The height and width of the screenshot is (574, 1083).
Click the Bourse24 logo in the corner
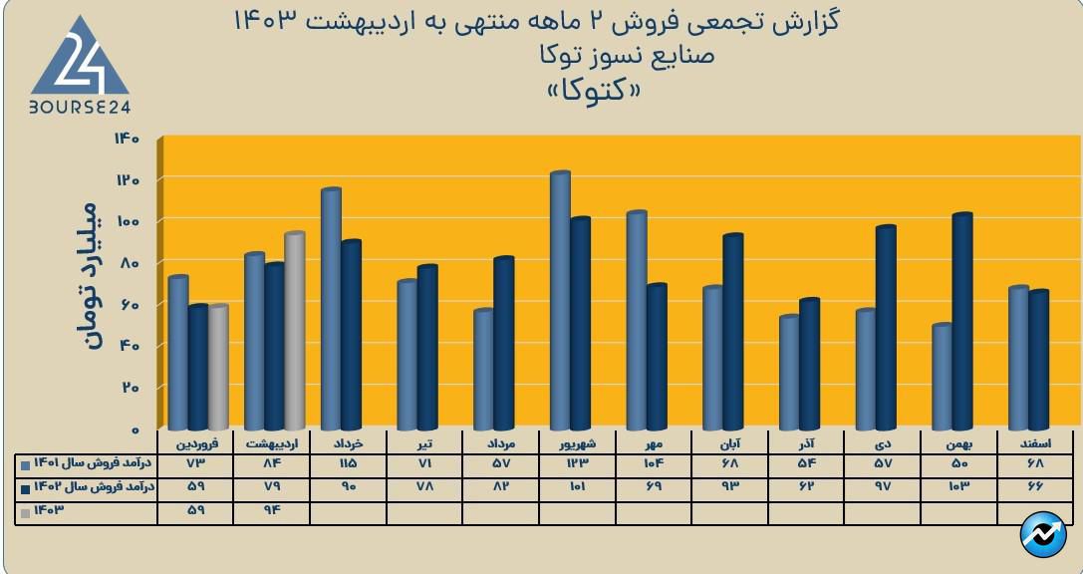[80, 68]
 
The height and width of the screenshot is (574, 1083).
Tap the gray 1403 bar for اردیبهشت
[294, 331]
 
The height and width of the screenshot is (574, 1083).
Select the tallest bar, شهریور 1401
[560, 300]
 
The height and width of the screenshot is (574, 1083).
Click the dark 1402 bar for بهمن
[961, 321]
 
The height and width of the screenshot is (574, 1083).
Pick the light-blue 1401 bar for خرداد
[331, 309]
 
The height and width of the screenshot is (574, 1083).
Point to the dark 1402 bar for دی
[886, 328]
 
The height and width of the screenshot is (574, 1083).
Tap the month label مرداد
[500, 440]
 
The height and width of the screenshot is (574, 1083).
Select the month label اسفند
[1036, 440]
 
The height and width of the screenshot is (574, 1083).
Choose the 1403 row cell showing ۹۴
[271, 512]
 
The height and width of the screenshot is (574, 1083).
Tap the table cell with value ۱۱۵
[348, 464]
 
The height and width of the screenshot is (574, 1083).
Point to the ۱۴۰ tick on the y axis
[138, 138]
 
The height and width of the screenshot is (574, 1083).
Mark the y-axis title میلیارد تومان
[90, 277]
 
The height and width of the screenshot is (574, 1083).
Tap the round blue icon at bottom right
[1042, 535]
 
